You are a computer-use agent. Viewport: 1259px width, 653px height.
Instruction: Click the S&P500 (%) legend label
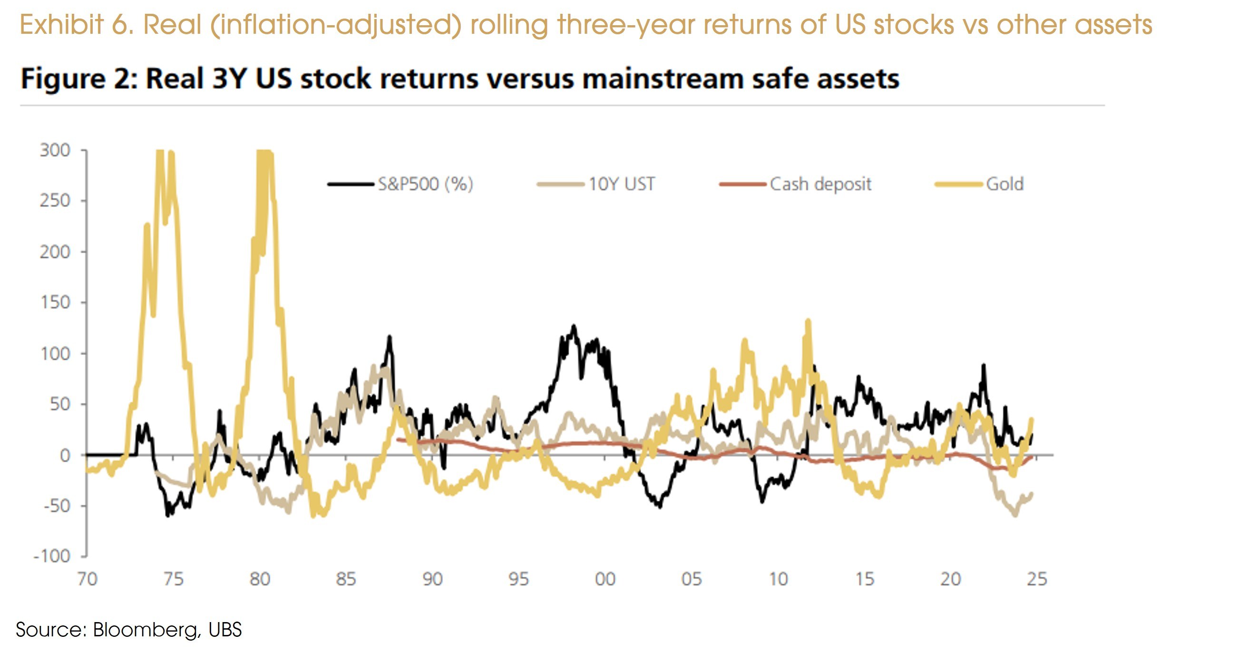tap(425, 184)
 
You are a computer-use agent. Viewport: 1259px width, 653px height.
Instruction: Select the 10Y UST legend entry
tap(621, 184)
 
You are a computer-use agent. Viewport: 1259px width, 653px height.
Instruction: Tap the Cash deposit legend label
tap(820, 184)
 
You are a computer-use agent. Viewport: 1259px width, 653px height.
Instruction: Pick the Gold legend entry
tap(1005, 184)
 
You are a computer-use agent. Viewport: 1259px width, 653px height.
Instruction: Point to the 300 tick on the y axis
tap(55, 150)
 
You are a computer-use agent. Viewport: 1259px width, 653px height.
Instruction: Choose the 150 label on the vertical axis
tap(55, 302)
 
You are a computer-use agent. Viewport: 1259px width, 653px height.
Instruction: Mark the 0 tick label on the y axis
tap(65, 456)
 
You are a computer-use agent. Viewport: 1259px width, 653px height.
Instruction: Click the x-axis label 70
tap(87, 579)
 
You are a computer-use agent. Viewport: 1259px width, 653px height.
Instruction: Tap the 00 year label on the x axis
tap(605, 579)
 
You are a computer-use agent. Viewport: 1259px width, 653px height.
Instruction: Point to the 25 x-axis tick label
tap(1036, 579)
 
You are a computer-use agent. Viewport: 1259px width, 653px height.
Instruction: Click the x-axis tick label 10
tap(778, 579)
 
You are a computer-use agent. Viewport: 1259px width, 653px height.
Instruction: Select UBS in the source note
tap(225, 630)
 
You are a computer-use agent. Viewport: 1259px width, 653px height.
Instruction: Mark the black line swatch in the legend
tap(351, 184)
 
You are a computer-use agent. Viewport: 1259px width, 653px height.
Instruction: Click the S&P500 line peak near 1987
tap(390, 337)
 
